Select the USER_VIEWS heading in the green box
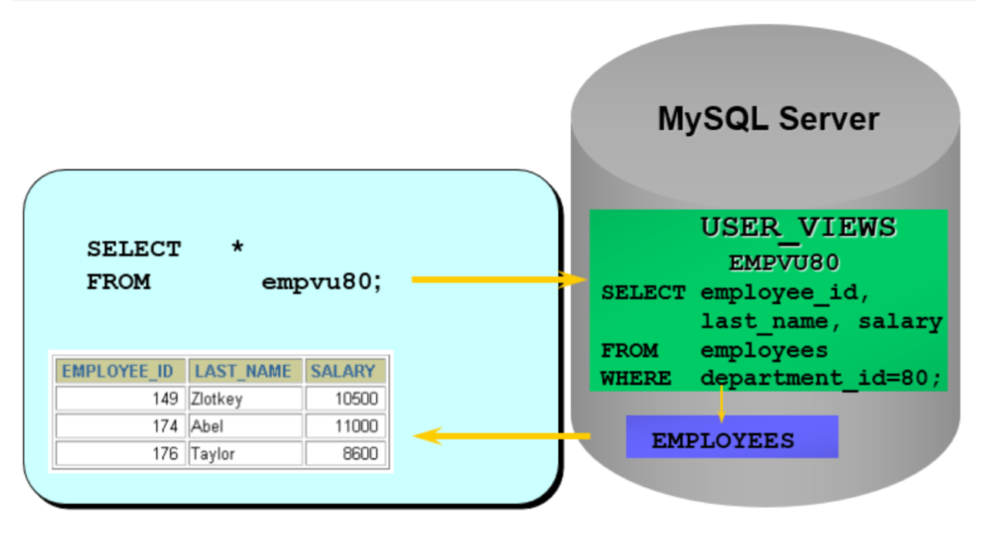click(x=798, y=227)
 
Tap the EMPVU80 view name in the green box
click(x=783, y=263)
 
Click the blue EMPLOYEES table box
click(x=731, y=438)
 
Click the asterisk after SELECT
click(x=237, y=248)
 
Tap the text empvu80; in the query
click(x=322, y=281)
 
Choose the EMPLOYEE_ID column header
click(x=117, y=371)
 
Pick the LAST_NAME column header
click(x=243, y=371)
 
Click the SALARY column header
click(x=343, y=371)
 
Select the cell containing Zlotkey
click(x=244, y=399)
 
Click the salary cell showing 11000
click(x=345, y=426)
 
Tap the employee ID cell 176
click(x=120, y=453)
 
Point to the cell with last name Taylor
click(x=244, y=453)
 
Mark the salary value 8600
click(x=345, y=453)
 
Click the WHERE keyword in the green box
click(x=635, y=379)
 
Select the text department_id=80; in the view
click(x=822, y=379)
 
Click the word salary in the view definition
click(x=900, y=321)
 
